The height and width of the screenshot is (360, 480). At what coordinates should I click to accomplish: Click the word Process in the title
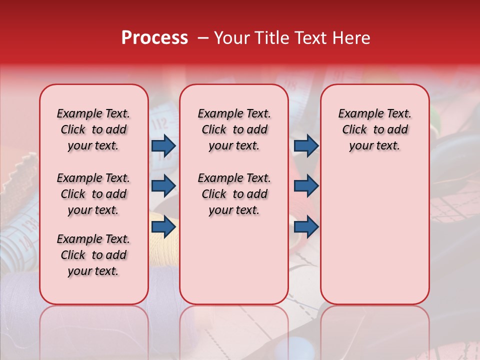pyautogui.click(x=154, y=38)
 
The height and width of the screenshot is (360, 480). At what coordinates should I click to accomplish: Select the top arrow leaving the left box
pyautogui.click(x=163, y=145)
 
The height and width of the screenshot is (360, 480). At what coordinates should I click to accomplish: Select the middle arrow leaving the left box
pyautogui.click(x=163, y=185)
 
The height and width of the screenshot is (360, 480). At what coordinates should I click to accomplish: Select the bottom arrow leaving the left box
pyautogui.click(x=163, y=227)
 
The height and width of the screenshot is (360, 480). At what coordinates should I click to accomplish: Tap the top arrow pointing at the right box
pyautogui.click(x=306, y=145)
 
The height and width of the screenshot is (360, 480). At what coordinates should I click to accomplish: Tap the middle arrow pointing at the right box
pyautogui.click(x=306, y=185)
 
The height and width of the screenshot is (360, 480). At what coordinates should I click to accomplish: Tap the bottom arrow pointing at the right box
pyautogui.click(x=306, y=227)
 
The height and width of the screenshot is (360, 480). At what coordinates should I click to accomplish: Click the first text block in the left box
pyautogui.click(x=93, y=129)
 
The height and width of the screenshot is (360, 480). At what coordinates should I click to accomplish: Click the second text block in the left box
pyautogui.click(x=93, y=194)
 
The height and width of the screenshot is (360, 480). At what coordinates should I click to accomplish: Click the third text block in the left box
pyautogui.click(x=93, y=255)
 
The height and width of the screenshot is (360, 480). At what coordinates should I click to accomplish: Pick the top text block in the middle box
pyautogui.click(x=234, y=129)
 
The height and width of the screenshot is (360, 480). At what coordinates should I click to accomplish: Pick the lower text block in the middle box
pyautogui.click(x=234, y=194)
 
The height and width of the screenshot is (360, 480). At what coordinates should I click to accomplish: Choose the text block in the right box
pyautogui.click(x=374, y=129)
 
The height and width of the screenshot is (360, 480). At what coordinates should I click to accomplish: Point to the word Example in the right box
pyautogui.click(x=358, y=114)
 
